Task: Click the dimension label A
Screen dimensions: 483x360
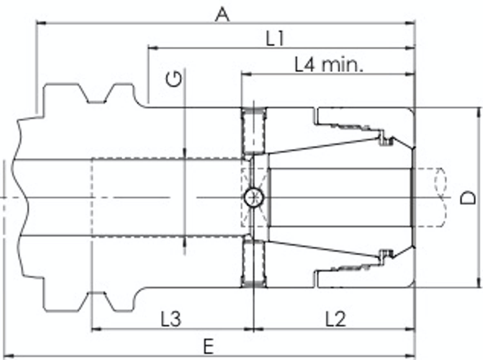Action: tap(222, 15)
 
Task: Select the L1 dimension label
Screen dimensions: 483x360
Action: tap(275, 38)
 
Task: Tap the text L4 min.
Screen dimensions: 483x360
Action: tap(329, 64)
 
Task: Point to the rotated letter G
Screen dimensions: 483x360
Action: tap(174, 79)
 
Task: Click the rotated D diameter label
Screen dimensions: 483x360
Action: tap(468, 198)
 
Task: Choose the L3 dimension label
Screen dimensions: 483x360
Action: tap(171, 319)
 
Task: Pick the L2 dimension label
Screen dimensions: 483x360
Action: tap(336, 319)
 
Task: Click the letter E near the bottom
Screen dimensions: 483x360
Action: tap(208, 346)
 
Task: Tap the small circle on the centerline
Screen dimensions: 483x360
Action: tap(254, 198)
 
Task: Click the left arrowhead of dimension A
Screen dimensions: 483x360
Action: tap(41, 23)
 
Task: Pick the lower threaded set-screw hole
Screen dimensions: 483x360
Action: tap(254, 264)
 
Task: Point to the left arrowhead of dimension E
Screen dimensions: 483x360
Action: tap(9, 356)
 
